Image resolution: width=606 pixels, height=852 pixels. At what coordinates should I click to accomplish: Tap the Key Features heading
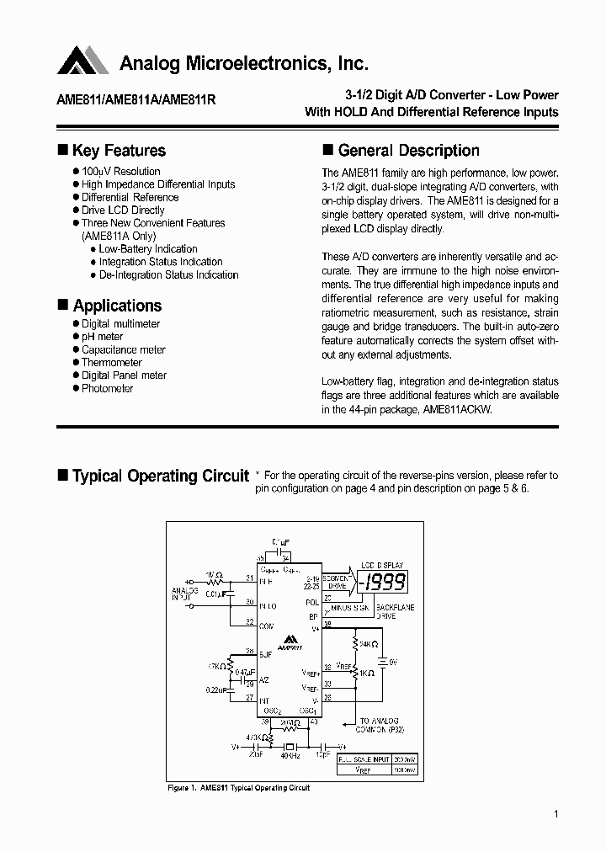click(x=119, y=151)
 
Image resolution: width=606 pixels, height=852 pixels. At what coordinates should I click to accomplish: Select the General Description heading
click(x=408, y=151)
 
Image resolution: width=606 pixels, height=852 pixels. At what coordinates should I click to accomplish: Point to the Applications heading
click(x=117, y=306)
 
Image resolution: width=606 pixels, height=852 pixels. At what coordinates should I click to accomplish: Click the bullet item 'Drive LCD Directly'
click(x=123, y=210)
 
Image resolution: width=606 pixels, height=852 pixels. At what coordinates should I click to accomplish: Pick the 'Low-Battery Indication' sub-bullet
click(x=148, y=249)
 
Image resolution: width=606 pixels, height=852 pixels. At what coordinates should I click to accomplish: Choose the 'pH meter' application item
click(x=102, y=337)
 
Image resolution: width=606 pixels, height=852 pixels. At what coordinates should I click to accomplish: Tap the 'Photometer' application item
click(x=107, y=389)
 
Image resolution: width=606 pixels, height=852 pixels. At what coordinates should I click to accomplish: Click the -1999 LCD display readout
click(x=383, y=581)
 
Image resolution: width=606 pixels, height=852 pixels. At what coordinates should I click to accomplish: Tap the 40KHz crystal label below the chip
click(x=290, y=757)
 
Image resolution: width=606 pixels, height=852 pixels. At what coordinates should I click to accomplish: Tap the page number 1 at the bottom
click(x=556, y=814)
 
